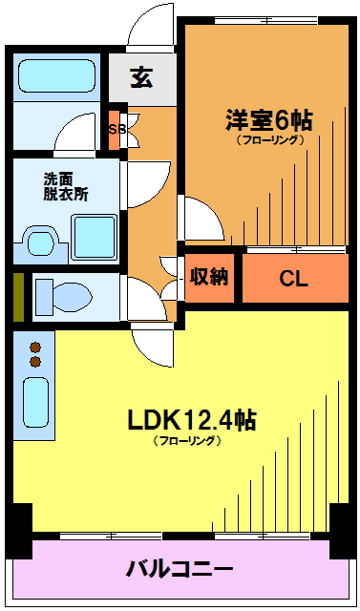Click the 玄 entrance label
click(x=141, y=77)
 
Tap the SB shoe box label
click(x=116, y=130)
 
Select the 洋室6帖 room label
click(x=269, y=120)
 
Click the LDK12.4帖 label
click(x=192, y=420)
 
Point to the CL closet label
click(x=294, y=279)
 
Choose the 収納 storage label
click(x=209, y=277)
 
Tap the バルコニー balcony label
click(x=180, y=570)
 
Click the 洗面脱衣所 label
click(x=66, y=187)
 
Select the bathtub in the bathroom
click(x=57, y=76)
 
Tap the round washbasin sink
click(x=40, y=243)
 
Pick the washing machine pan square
click(x=94, y=237)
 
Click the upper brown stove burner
click(x=35, y=347)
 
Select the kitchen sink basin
click(x=36, y=402)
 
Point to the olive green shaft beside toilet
click(x=19, y=297)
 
